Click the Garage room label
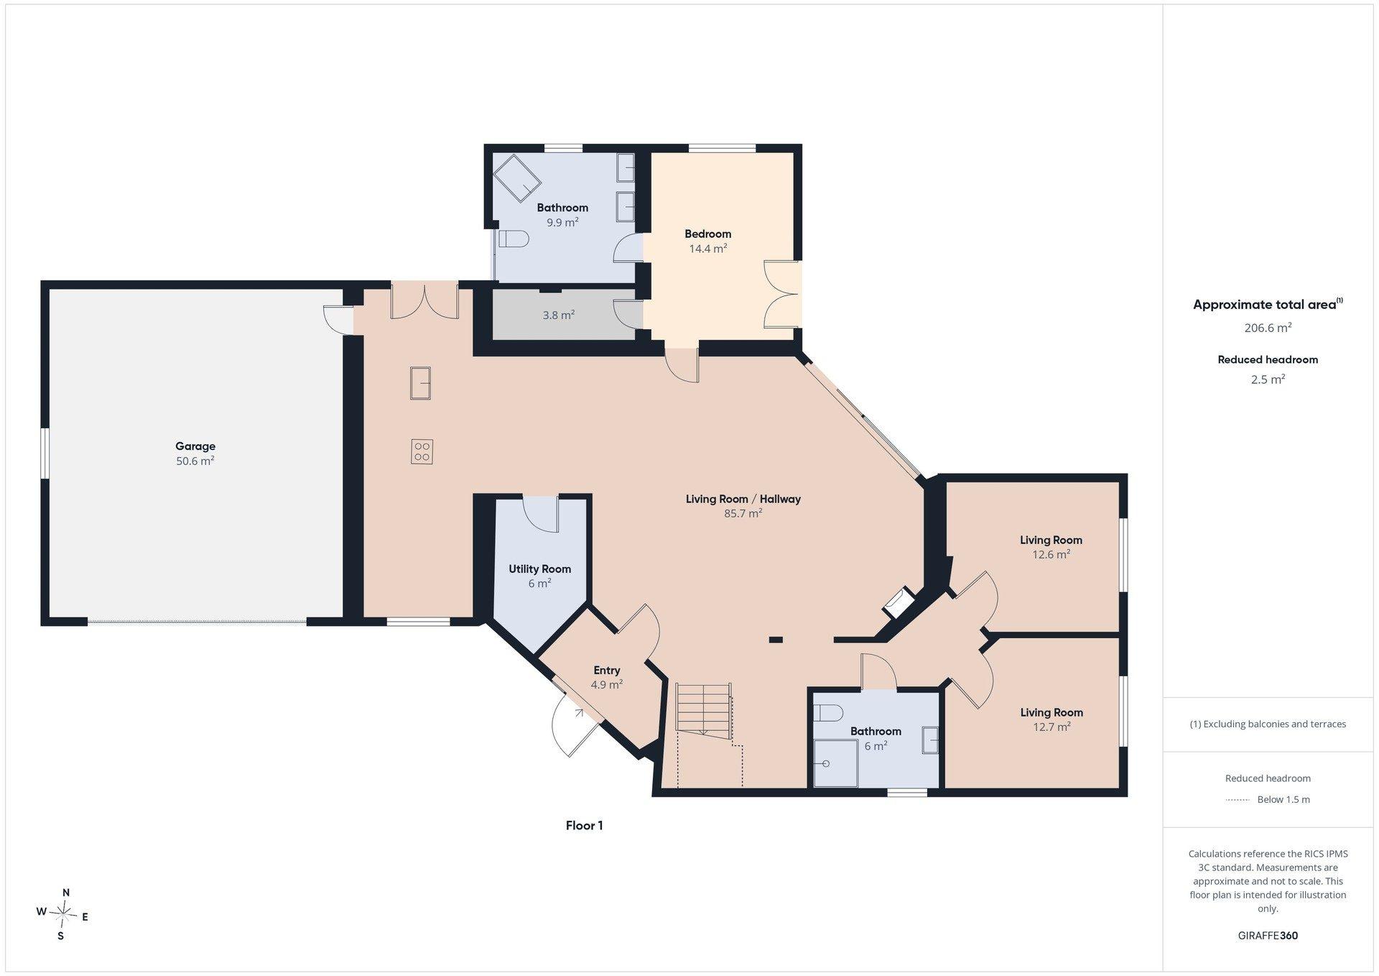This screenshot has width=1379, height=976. (195, 446)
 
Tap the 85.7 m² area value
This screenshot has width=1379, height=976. (743, 513)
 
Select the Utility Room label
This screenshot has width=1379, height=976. (540, 569)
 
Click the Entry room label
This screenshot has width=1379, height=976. (607, 671)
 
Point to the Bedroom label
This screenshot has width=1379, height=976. (708, 234)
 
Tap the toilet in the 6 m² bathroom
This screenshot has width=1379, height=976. (829, 713)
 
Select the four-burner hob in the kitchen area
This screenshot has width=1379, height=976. (422, 451)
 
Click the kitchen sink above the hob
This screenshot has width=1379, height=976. (420, 382)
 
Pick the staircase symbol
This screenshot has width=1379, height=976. (704, 709)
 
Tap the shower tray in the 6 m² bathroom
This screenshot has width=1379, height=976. (836, 763)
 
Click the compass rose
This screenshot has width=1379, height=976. (63, 914)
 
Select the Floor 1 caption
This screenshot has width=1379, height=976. (585, 826)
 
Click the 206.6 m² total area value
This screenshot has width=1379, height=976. (1268, 328)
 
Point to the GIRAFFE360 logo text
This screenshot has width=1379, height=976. (1268, 936)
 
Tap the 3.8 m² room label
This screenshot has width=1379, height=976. (559, 315)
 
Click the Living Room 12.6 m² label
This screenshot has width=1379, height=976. (1051, 547)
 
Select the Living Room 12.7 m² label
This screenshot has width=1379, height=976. (1051, 719)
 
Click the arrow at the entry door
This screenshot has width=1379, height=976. (578, 712)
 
